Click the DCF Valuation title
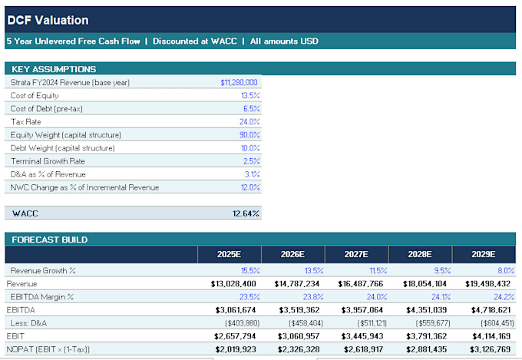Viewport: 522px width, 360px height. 48,20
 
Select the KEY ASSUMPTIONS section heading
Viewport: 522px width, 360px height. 54,69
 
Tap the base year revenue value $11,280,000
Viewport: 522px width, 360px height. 239,82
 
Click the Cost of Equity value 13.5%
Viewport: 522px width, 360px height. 250,96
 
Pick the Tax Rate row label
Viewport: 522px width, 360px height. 25,122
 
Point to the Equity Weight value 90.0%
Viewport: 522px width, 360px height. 249,135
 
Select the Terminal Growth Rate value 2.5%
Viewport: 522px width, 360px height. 251,161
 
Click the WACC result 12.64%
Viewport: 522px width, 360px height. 246,213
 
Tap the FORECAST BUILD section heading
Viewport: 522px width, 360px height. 50,239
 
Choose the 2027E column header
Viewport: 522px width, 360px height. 356,254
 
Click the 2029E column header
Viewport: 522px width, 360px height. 484,254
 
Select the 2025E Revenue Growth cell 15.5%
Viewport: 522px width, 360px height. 250,271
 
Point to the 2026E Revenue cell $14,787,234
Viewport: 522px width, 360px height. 297,284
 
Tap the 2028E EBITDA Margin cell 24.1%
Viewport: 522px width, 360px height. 441,297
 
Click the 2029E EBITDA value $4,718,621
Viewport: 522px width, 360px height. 491,310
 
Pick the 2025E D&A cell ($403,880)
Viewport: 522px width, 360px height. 243,323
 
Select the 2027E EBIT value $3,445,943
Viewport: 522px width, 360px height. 362,336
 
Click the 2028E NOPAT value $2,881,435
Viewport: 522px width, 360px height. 427,349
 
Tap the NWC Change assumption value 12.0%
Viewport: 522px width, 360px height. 250,187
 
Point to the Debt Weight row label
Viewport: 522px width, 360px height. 63,148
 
